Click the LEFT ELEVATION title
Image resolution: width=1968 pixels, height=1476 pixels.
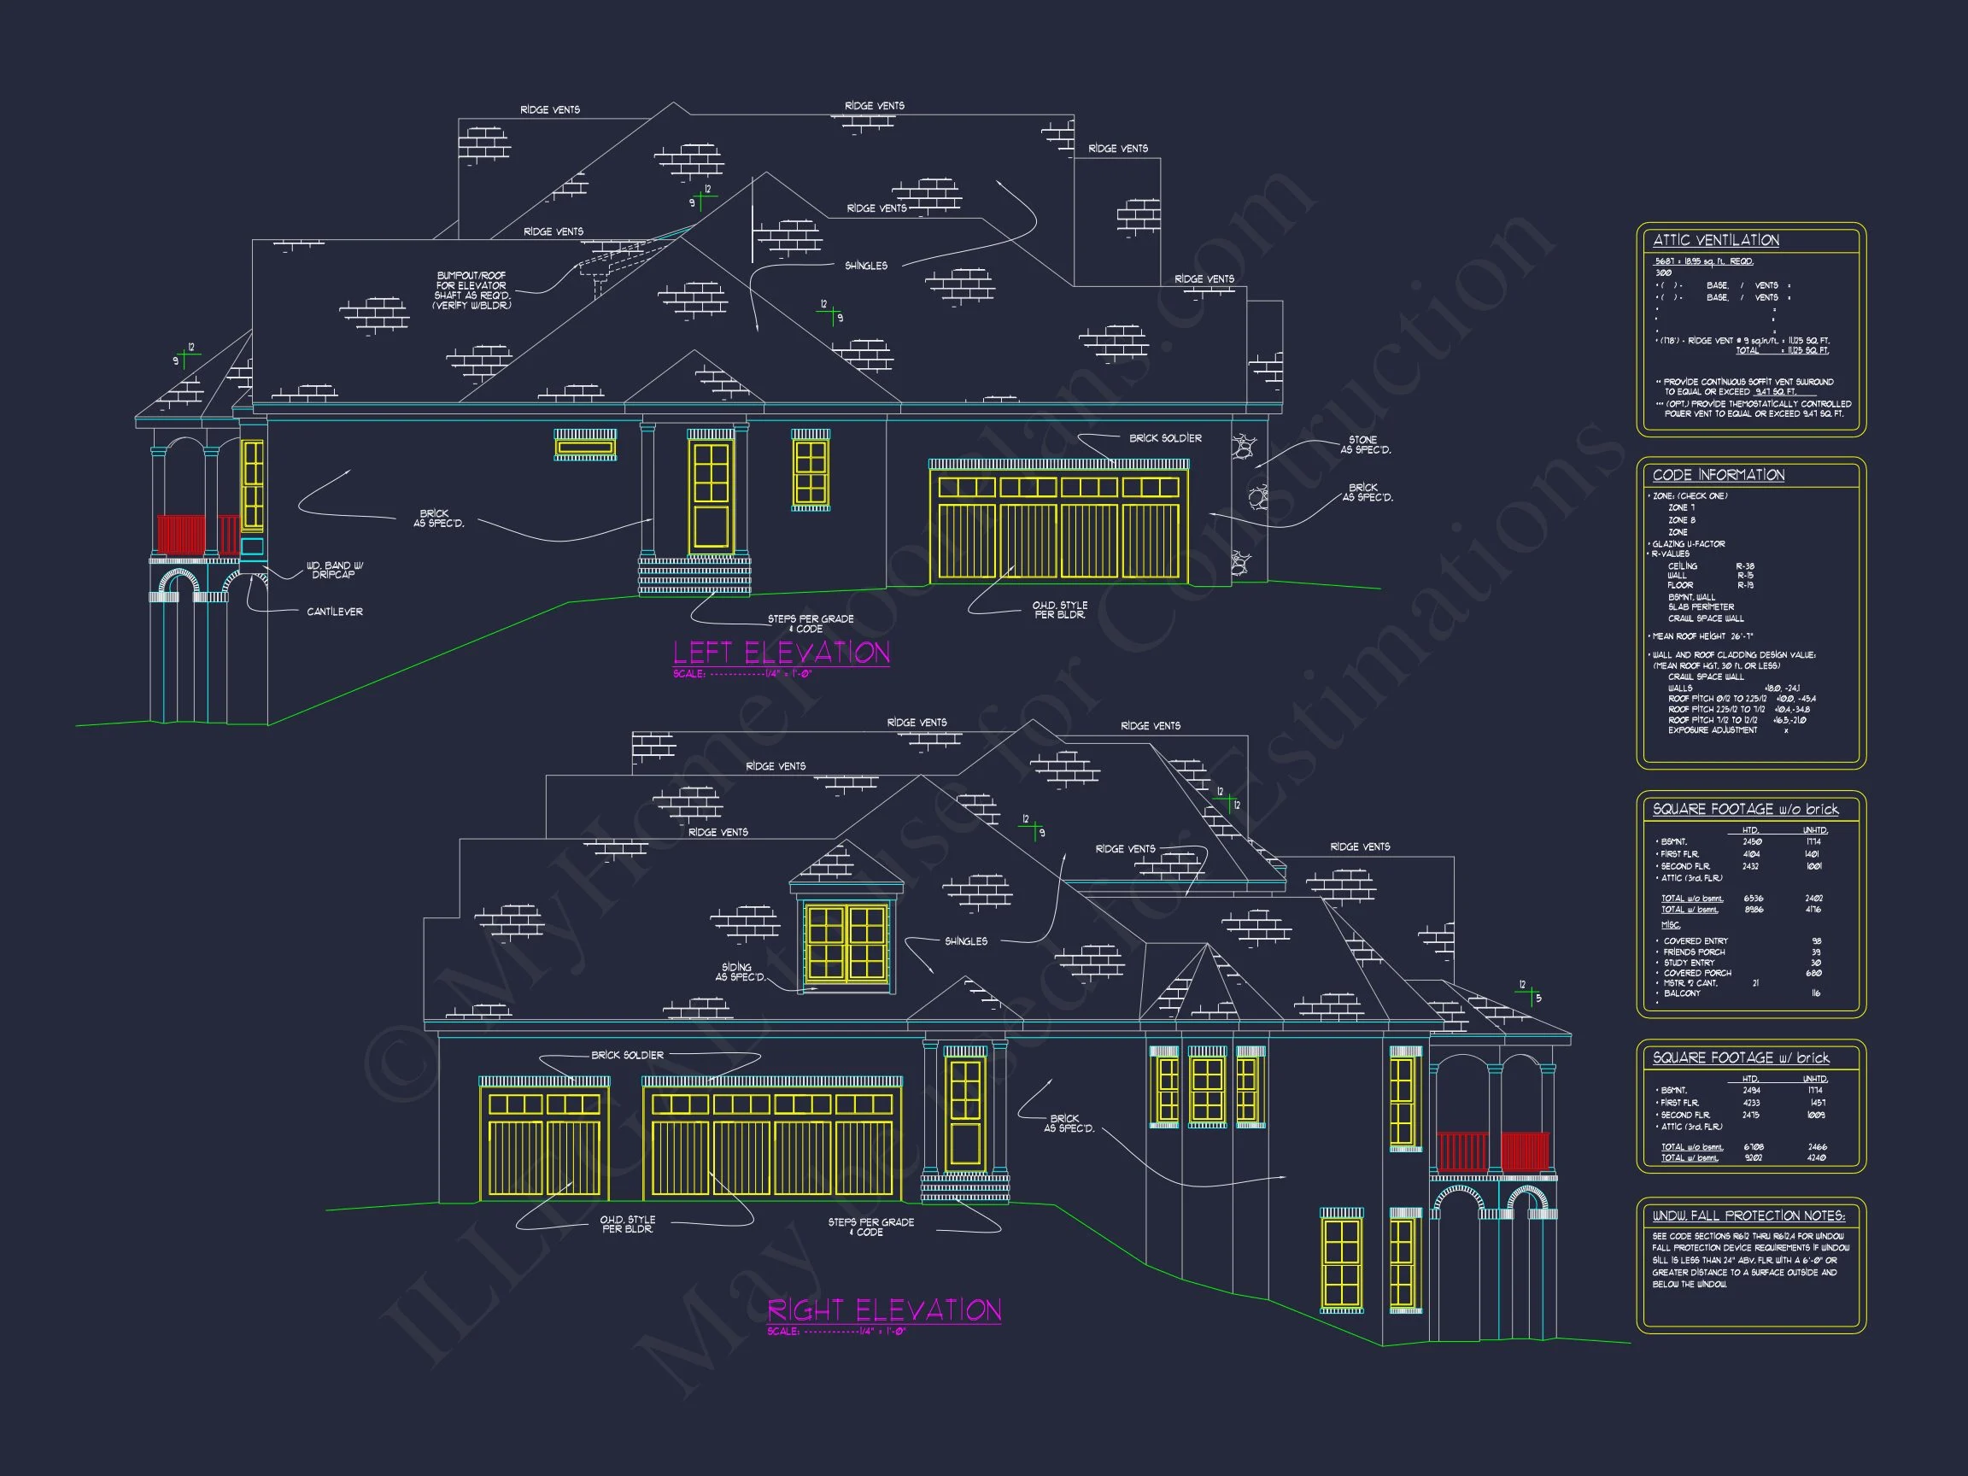click(782, 653)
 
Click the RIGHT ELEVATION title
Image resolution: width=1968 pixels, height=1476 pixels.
click(884, 1310)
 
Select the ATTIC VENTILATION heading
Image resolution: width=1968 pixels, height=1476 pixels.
click(1715, 240)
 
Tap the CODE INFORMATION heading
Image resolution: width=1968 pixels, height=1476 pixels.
click(1718, 475)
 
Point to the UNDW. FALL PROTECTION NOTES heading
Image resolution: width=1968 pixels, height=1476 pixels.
click(1748, 1216)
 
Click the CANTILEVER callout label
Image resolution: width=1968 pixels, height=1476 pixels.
click(335, 612)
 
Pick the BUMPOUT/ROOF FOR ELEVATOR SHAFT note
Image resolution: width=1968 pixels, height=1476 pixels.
click(472, 291)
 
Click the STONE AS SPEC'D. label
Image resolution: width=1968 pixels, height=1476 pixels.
click(1365, 445)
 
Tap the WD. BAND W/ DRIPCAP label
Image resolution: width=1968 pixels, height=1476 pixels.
click(335, 571)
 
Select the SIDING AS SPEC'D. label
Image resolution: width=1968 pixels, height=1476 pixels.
click(739, 972)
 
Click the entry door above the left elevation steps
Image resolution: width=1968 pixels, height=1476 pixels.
click(711, 495)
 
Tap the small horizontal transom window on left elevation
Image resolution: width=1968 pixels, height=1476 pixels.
click(584, 446)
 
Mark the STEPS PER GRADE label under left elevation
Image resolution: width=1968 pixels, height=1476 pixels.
click(810, 624)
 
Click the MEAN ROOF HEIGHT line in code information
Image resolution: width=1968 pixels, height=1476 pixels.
click(1702, 636)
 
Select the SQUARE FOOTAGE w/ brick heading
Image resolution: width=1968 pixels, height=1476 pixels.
click(1740, 1057)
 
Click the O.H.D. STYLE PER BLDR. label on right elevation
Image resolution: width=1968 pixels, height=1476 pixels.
click(627, 1224)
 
